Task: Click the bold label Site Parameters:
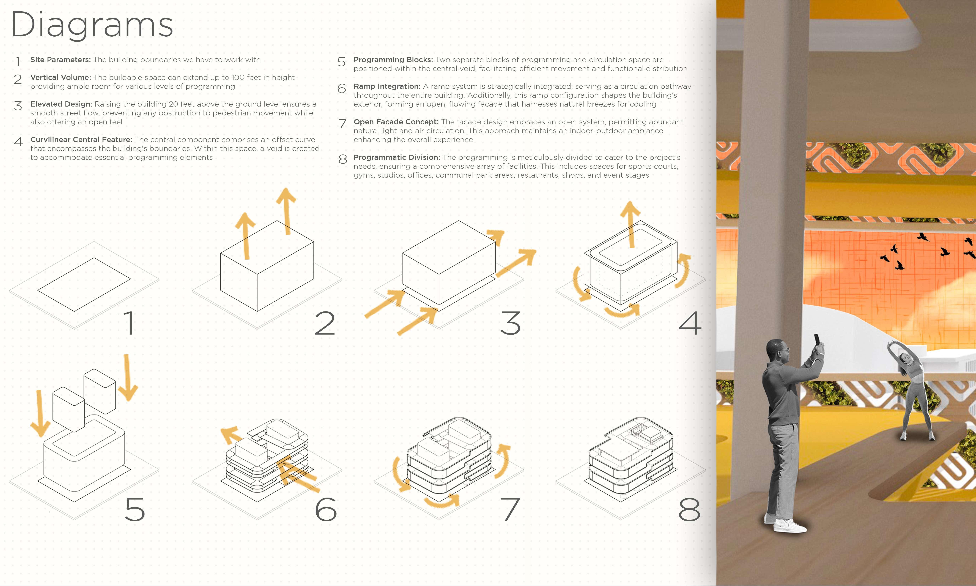(60, 60)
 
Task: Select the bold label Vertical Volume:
(60, 77)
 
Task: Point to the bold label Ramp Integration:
(387, 86)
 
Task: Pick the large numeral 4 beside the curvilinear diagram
(690, 323)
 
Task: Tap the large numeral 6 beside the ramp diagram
(326, 509)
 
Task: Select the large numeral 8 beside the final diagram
(689, 509)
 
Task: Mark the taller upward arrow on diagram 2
(287, 211)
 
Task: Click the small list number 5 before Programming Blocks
(341, 62)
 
